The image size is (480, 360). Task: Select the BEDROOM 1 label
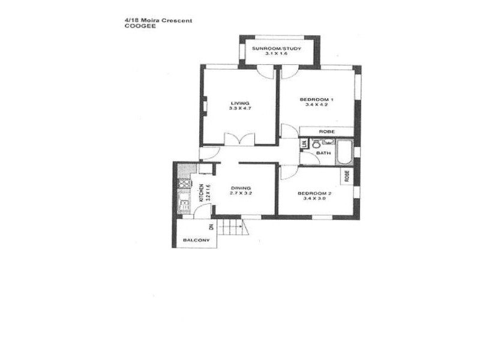316,99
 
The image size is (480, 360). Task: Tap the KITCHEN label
202,193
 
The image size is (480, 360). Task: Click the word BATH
323,153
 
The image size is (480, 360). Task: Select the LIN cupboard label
304,143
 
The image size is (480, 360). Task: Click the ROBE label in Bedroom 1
326,131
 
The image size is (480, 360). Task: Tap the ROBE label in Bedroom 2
347,175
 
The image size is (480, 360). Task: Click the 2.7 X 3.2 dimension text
241,194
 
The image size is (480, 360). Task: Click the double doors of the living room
239,139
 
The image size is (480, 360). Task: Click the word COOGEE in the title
136,26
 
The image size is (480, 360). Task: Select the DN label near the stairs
211,226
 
